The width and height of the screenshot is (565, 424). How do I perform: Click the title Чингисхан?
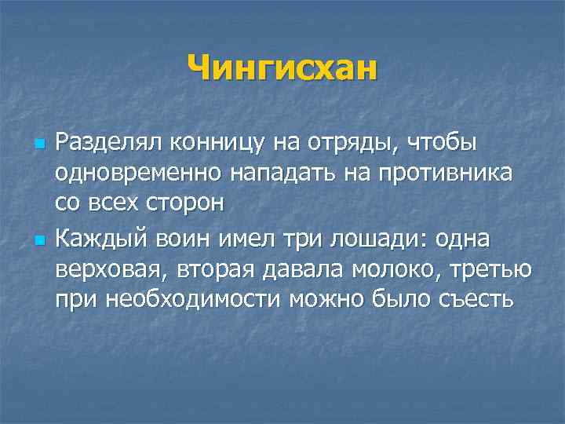coord(282,66)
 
